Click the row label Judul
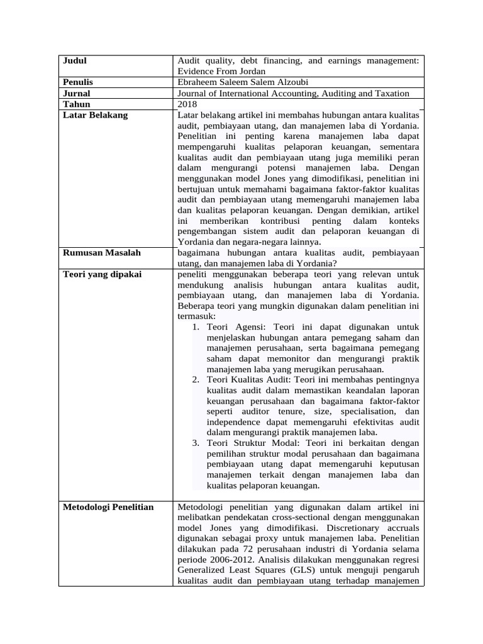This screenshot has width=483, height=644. [x=75, y=61]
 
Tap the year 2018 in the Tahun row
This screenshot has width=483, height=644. [x=187, y=104]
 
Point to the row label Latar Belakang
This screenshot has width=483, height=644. [x=95, y=115]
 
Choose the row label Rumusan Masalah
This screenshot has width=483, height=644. [x=102, y=253]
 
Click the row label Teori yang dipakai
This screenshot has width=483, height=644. [x=103, y=274]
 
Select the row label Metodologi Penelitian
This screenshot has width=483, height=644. [x=108, y=507]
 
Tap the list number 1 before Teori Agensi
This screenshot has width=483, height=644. [x=196, y=327]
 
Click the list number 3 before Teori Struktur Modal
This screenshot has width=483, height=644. [x=196, y=443]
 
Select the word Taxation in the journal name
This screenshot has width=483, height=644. [x=389, y=93]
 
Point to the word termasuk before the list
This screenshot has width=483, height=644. [x=197, y=316]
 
